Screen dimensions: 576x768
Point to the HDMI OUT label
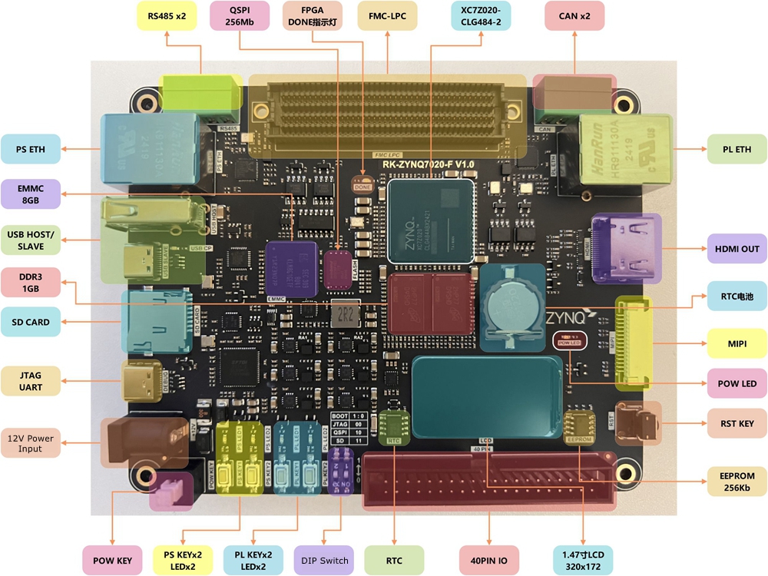coord(737,249)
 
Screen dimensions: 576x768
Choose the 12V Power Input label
coord(31,442)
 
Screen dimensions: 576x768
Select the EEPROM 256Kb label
coord(737,482)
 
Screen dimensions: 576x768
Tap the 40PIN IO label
coord(489,561)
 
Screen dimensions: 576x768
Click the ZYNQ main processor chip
coord(432,221)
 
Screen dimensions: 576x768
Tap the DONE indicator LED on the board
coord(362,185)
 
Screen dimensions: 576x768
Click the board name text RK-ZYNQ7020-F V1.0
coord(428,165)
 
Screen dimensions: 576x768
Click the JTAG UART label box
coord(31,381)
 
